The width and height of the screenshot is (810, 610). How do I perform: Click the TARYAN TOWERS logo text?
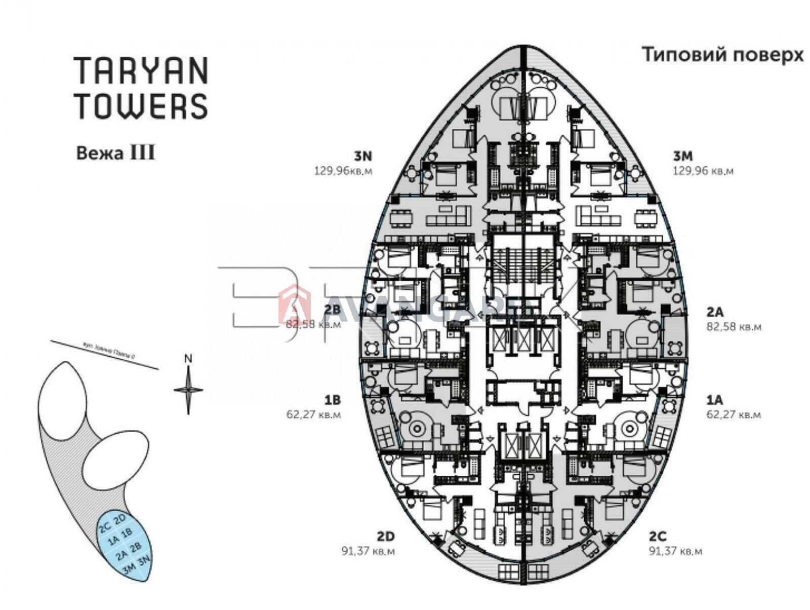tap(141, 88)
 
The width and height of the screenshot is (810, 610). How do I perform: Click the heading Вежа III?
tap(115, 152)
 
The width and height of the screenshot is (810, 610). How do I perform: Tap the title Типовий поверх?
tap(722, 55)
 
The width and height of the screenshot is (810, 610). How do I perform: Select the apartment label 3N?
tap(363, 156)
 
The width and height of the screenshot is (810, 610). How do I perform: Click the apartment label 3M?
tap(682, 156)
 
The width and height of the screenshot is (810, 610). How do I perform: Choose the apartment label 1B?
tap(332, 400)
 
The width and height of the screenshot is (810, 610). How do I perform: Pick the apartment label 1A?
tap(714, 400)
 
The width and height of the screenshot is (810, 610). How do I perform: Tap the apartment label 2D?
tap(385, 536)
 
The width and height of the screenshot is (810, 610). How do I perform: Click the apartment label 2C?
tap(658, 536)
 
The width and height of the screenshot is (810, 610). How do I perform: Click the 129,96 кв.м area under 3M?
tap(703, 171)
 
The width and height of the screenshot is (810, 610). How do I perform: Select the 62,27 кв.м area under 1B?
tap(314, 414)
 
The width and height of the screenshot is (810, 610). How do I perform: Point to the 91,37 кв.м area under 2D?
tap(368, 551)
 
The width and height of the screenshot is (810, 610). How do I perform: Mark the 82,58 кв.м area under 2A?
tap(734, 327)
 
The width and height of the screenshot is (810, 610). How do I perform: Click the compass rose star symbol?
tap(188, 390)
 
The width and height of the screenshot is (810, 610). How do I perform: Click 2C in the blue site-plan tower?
tap(105, 527)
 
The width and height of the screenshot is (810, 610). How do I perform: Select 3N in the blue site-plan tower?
tap(144, 561)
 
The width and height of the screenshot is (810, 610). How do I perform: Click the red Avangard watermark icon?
tap(295, 304)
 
